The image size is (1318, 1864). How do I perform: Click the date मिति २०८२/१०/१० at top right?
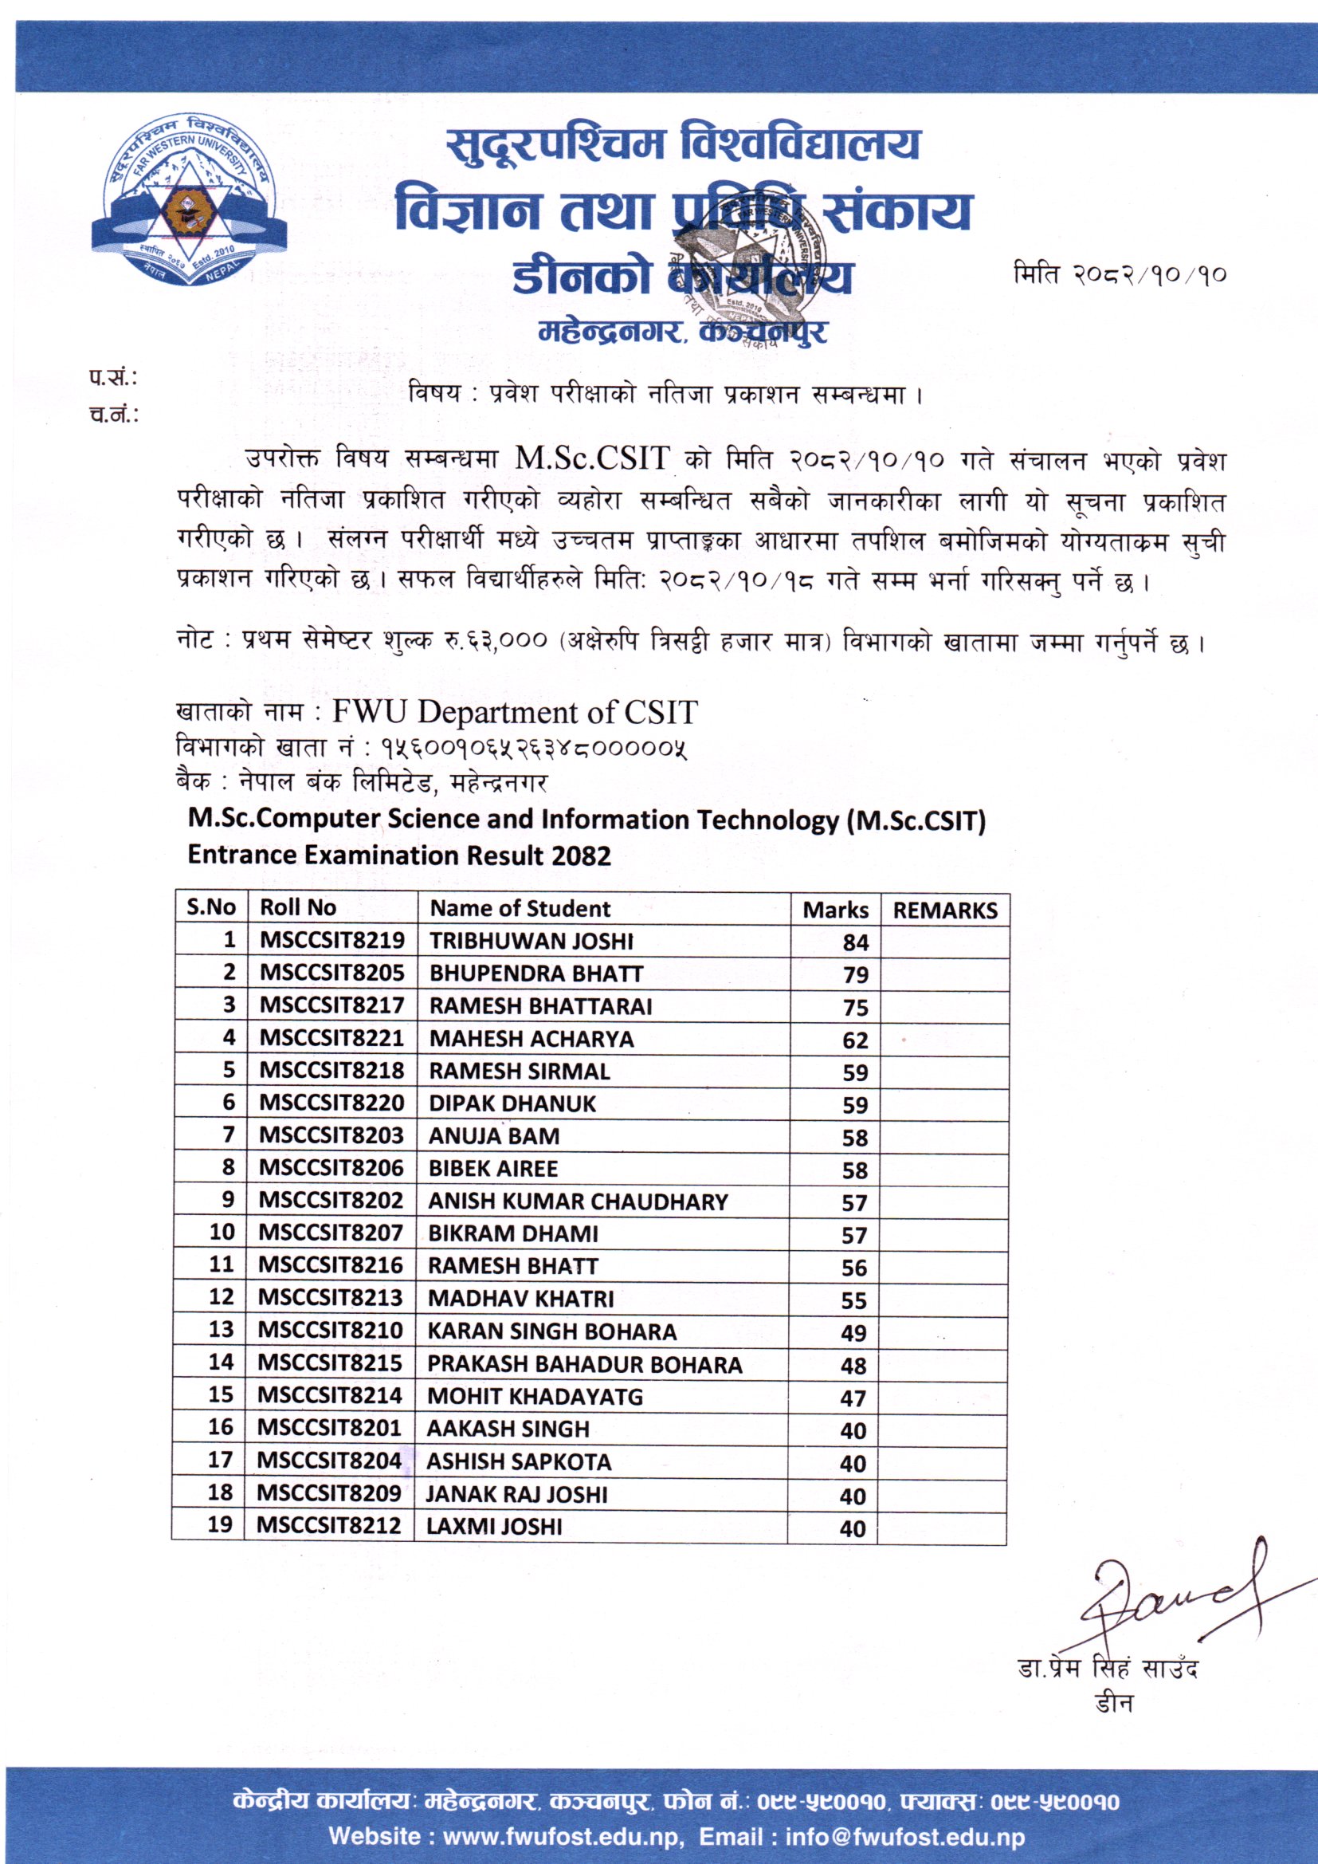pos(1119,274)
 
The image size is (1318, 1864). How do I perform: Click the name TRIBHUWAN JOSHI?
pos(531,941)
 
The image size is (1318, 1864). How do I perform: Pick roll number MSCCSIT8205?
pos(332,973)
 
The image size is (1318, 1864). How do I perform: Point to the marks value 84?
pos(855,942)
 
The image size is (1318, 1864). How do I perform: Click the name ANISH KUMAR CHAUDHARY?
pos(578,1201)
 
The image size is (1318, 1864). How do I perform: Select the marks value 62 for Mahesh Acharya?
pos(855,1040)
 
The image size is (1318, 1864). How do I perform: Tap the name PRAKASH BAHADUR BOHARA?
pos(584,1365)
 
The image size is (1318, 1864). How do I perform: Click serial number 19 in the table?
pos(220,1524)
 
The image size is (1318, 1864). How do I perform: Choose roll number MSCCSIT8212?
pos(328,1525)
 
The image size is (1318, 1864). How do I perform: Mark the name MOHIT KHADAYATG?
pos(535,1396)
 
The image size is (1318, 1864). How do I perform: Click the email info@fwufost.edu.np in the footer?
pos(905,1836)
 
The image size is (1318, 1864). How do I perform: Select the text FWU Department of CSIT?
pos(515,712)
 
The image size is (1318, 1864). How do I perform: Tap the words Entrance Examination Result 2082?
pos(398,855)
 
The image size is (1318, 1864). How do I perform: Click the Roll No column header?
pos(297,907)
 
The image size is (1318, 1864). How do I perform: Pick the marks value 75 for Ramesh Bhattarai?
pos(855,1008)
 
